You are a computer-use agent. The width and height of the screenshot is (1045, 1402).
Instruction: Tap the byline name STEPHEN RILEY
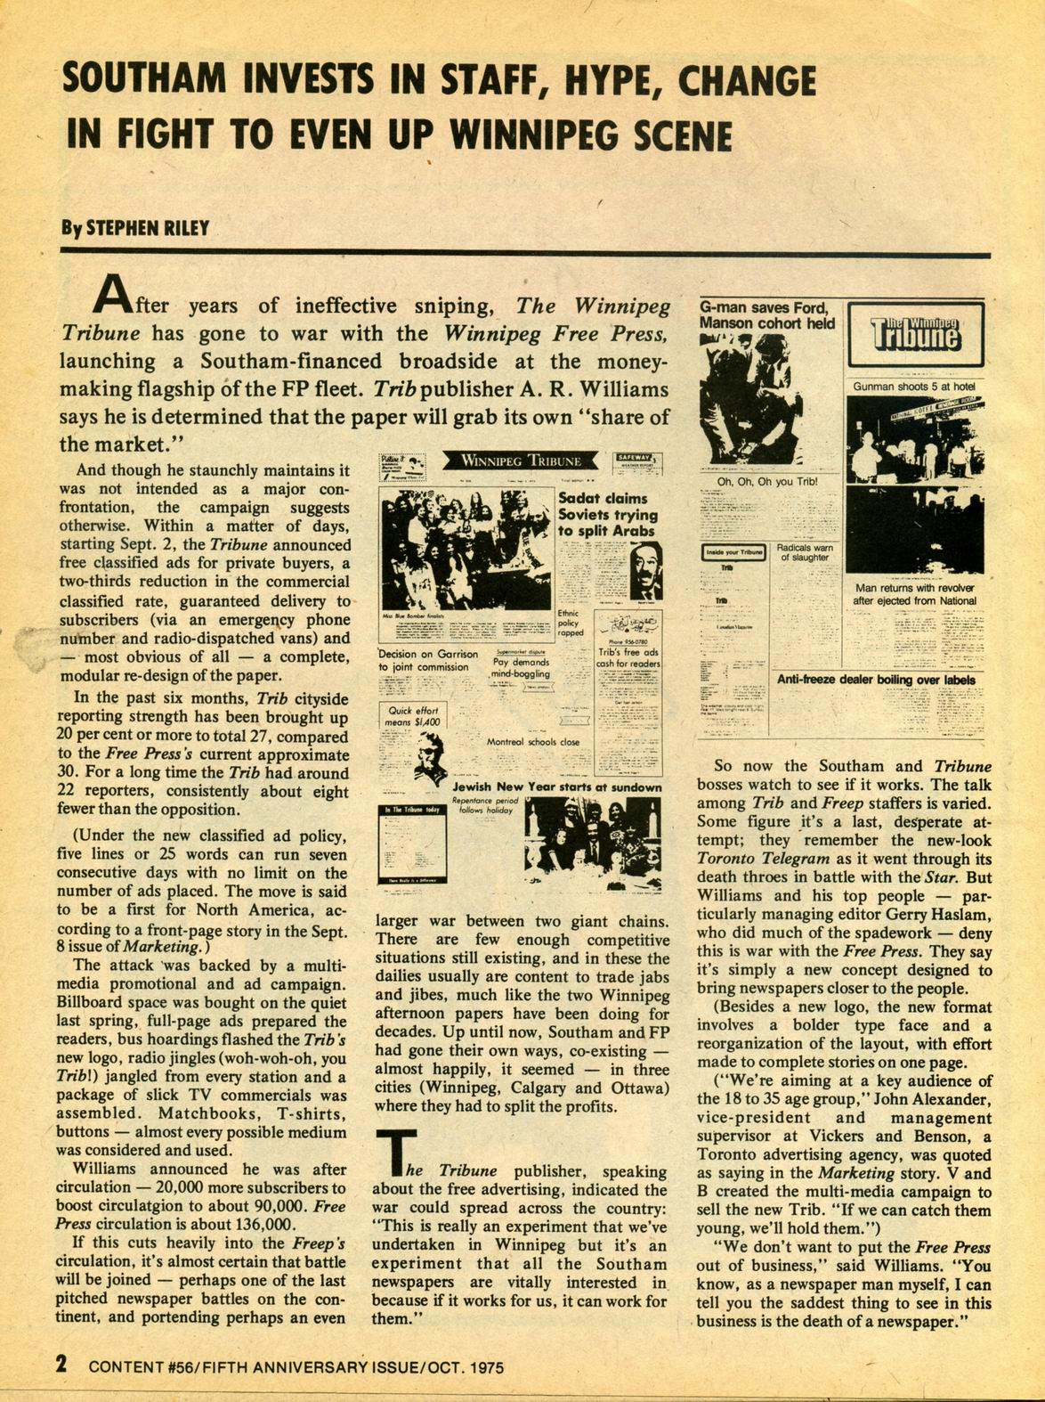tap(147, 227)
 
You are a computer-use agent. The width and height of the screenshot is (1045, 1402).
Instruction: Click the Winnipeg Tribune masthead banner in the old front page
tap(521, 461)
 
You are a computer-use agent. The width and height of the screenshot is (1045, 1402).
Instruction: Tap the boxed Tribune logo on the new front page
tap(915, 334)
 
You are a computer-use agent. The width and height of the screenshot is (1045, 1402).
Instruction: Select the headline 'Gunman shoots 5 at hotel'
tap(914, 387)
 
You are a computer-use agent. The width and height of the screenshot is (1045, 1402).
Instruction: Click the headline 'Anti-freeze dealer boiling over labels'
tap(876, 680)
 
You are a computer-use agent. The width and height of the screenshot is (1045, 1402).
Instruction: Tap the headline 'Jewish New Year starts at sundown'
tap(556, 787)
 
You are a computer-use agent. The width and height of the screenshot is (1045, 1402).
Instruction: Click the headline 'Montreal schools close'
tap(532, 742)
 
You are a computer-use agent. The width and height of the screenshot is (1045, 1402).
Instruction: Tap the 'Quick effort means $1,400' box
tap(412, 716)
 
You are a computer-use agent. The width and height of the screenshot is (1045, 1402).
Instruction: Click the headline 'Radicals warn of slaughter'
tap(804, 552)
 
